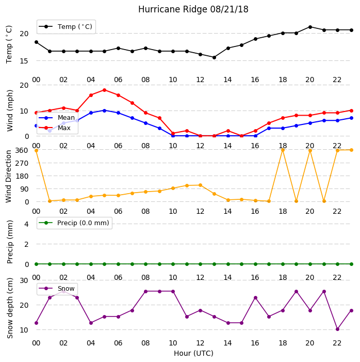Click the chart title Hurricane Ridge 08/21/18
pyautogui.click(x=193, y=9)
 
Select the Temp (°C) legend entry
pyautogui.click(x=66, y=27)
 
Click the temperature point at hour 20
pyautogui.click(x=310, y=27)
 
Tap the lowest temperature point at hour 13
pyautogui.click(x=214, y=57)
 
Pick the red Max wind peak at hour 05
pyautogui.click(x=105, y=90)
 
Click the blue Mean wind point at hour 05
pyautogui.click(x=105, y=111)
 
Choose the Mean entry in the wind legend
pyautogui.click(x=57, y=118)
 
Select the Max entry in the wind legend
pyautogui.click(x=55, y=128)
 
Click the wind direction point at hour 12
pyautogui.click(x=201, y=185)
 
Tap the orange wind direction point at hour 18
pyautogui.click(x=283, y=150)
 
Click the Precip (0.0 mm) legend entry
pyautogui.click(x=74, y=223)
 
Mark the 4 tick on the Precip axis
pyautogui.click(x=26, y=224)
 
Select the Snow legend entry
pyautogui.click(x=57, y=289)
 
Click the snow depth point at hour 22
pyautogui.click(x=338, y=329)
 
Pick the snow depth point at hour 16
pyautogui.click(x=255, y=298)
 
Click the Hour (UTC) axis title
pyautogui.click(x=193, y=353)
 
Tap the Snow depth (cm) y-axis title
pyautogui.click(x=10, y=308)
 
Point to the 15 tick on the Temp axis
pyautogui.click(x=24, y=61)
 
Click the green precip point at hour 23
pyautogui.click(x=351, y=264)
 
